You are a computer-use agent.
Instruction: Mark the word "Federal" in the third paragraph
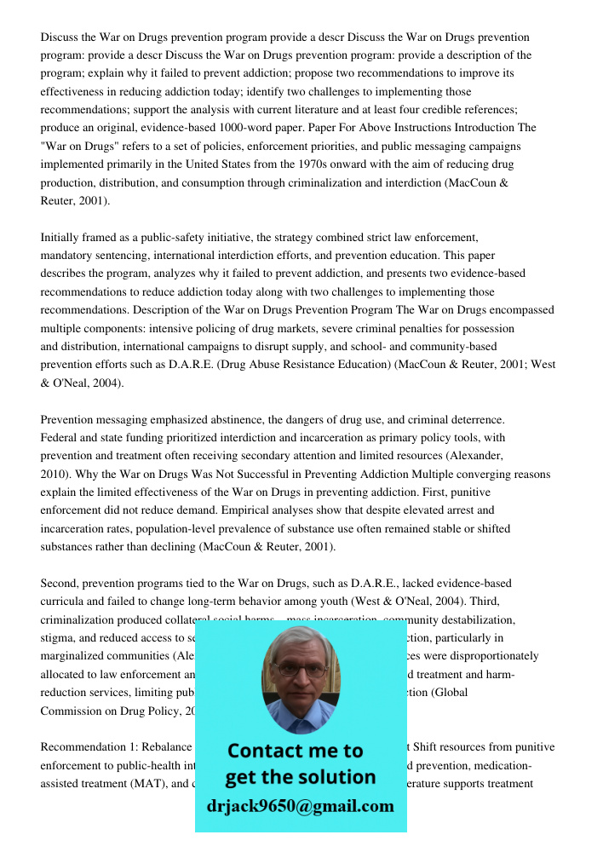pos(60,438)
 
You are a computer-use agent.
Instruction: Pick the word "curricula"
pos(65,602)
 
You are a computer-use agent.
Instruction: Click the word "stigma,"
pos(61,638)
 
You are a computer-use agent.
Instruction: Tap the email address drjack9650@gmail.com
pos(300,806)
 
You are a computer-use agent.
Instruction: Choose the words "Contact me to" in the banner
pos(295,751)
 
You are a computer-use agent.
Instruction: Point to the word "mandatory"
pos(71,256)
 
